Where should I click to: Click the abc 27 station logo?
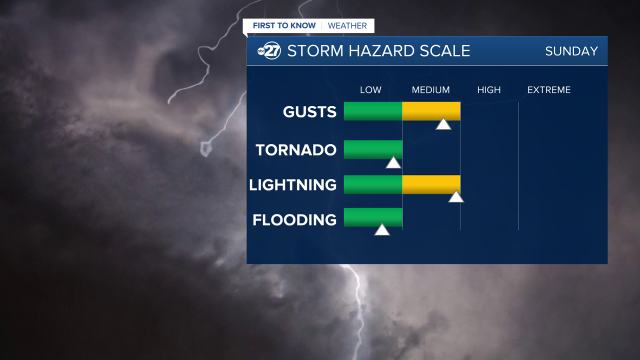pyautogui.click(x=269, y=51)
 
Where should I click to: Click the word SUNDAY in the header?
pyautogui.click(x=571, y=51)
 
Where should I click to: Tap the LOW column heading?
pyautogui.click(x=370, y=90)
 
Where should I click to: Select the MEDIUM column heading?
pyautogui.click(x=430, y=90)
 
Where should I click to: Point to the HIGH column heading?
pyautogui.click(x=488, y=90)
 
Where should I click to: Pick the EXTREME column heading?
pyautogui.click(x=548, y=90)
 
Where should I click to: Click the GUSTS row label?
pyautogui.click(x=309, y=111)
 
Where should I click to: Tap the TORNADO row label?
pyautogui.click(x=296, y=150)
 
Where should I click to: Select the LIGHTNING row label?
pyautogui.click(x=292, y=185)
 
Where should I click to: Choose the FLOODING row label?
pyautogui.click(x=294, y=220)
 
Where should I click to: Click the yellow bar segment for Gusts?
pyautogui.click(x=431, y=111)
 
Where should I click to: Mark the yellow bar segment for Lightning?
pyautogui.click(x=431, y=184)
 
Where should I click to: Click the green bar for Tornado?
pyautogui.click(x=373, y=149)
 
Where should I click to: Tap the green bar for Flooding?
pyautogui.click(x=373, y=217)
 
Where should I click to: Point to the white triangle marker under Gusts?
pyautogui.click(x=443, y=124)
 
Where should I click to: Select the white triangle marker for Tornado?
pyautogui.click(x=393, y=163)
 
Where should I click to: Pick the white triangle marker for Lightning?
pyautogui.click(x=456, y=197)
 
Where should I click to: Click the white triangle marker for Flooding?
pyautogui.click(x=382, y=230)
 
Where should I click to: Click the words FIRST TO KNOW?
pyautogui.click(x=284, y=25)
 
